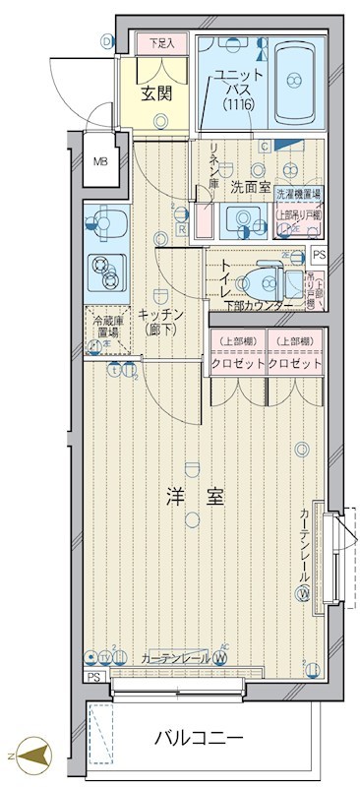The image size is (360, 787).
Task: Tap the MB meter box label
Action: pyautogui.click(x=100, y=161)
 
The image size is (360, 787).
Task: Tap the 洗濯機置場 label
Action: pyautogui.click(x=298, y=195)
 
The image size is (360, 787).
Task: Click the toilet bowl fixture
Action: pyautogui.click(x=267, y=283)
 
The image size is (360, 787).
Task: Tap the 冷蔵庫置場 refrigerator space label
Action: pyautogui.click(x=105, y=328)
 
